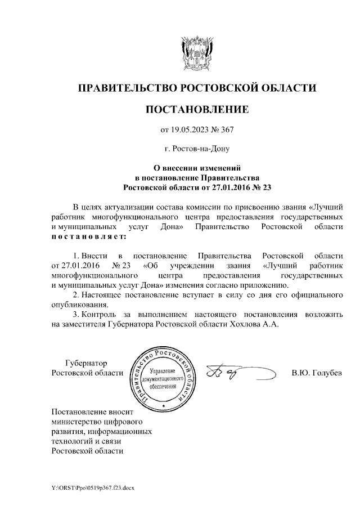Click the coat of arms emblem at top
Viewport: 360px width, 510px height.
(197, 52)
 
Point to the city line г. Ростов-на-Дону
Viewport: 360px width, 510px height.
(197, 149)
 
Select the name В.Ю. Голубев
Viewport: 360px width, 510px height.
(317, 373)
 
